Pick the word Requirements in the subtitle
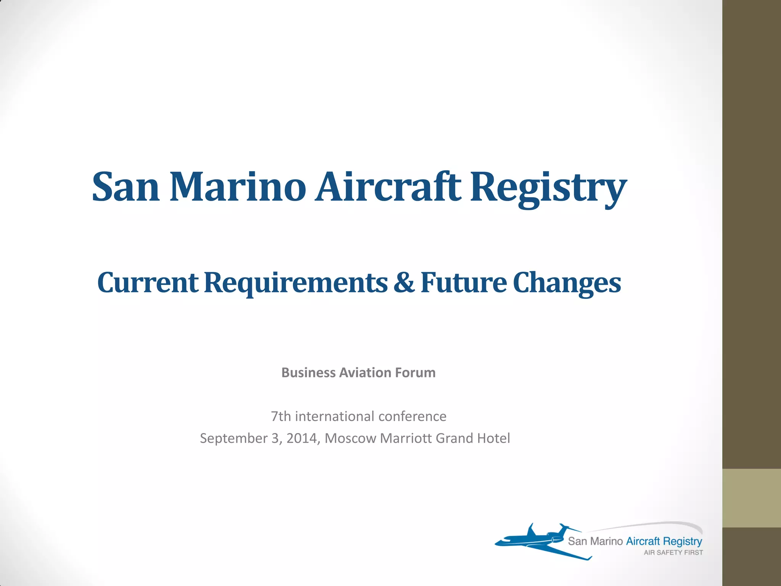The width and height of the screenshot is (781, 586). (x=296, y=283)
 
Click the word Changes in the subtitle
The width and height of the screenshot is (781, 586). (x=567, y=283)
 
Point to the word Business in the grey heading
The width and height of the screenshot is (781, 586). (x=309, y=373)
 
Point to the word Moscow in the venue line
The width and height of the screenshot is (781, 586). (x=350, y=438)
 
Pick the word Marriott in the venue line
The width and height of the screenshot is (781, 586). (x=406, y=438)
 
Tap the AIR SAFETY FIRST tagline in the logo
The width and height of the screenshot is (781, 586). (x=673, y=552)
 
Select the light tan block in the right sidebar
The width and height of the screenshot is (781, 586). (x=751, y=498)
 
